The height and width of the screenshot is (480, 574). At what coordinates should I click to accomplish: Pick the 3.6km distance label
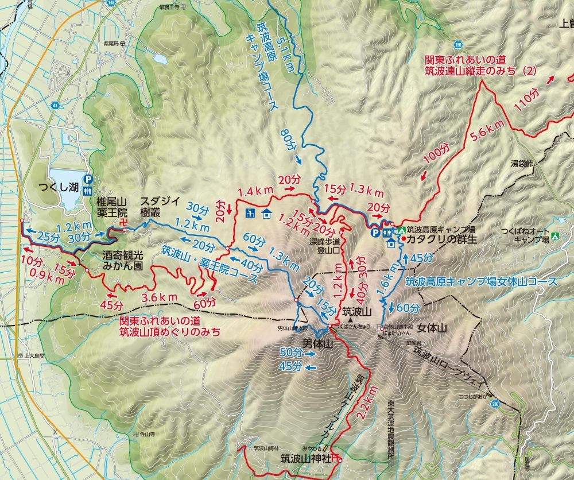[160, 296]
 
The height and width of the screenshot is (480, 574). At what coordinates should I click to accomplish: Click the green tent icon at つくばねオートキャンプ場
[555, 235]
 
